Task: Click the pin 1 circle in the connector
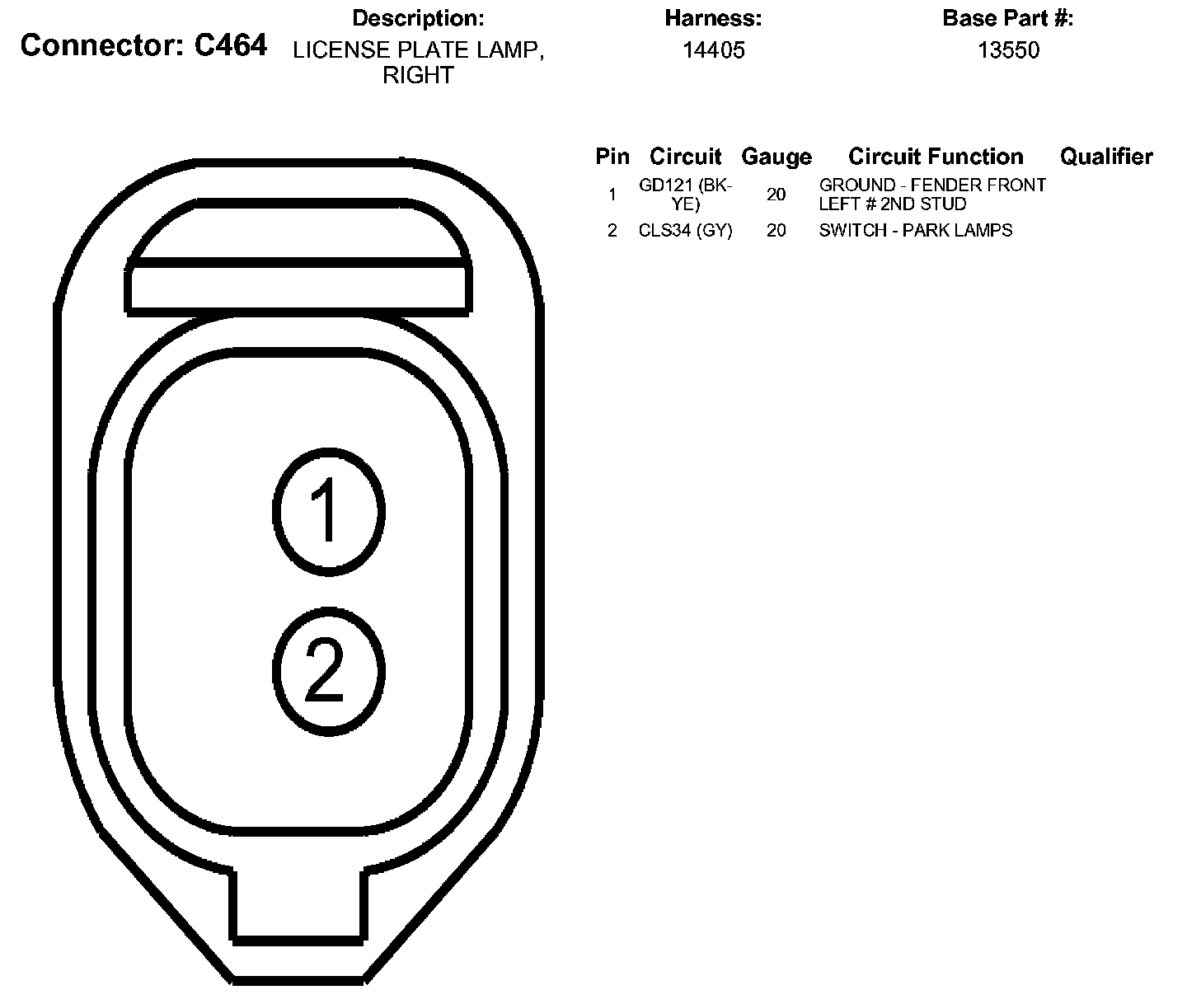(328, 511)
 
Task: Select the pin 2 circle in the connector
(328, 671)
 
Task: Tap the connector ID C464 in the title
(231, 45)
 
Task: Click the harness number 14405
(713, 50)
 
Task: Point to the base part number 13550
(1008, 50)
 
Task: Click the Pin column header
(612, 157)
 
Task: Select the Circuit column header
(685, 157)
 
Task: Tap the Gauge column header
(776, 157)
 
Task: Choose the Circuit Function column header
(936, 157)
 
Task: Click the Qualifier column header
(1106, 157)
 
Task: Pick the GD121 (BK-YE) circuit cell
(685, 195)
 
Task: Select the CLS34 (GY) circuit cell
(685, 231)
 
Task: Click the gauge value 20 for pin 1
(776, 195)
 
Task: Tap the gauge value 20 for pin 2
(776, 231)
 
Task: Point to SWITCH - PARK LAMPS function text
(915, 231)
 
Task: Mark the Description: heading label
(418, 18)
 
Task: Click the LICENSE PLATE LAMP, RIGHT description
(418, 63)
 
